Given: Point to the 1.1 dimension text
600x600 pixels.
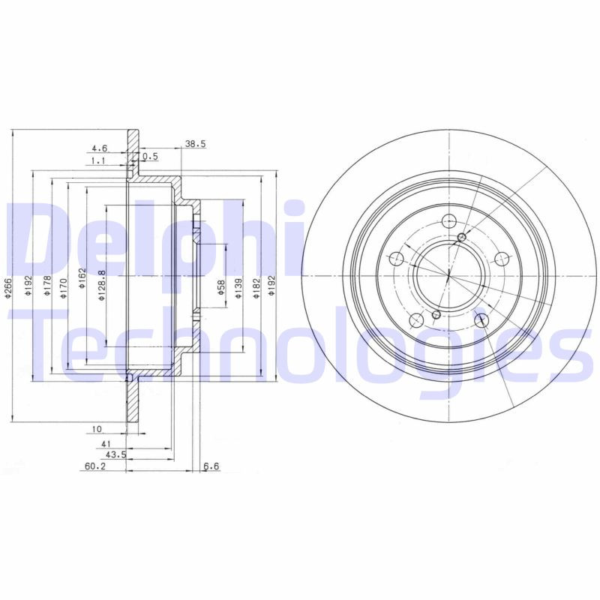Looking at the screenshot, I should click(x=98, y=161).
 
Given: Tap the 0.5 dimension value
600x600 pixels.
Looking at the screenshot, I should click(x=151, y=157).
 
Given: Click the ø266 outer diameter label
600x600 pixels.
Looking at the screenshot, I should click(x=10, y=289).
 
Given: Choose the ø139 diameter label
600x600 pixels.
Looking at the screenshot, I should click(x=238, y=289).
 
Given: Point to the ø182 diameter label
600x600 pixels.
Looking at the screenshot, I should click(x=256, y=289).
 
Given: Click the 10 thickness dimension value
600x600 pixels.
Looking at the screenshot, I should click(x=97, y=430).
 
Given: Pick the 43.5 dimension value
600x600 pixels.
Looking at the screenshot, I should click(x=114, y=455).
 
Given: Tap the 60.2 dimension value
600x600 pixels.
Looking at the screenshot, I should click(x=93, y=467).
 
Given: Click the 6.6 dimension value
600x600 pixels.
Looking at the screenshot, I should click(x=211, y=467).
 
